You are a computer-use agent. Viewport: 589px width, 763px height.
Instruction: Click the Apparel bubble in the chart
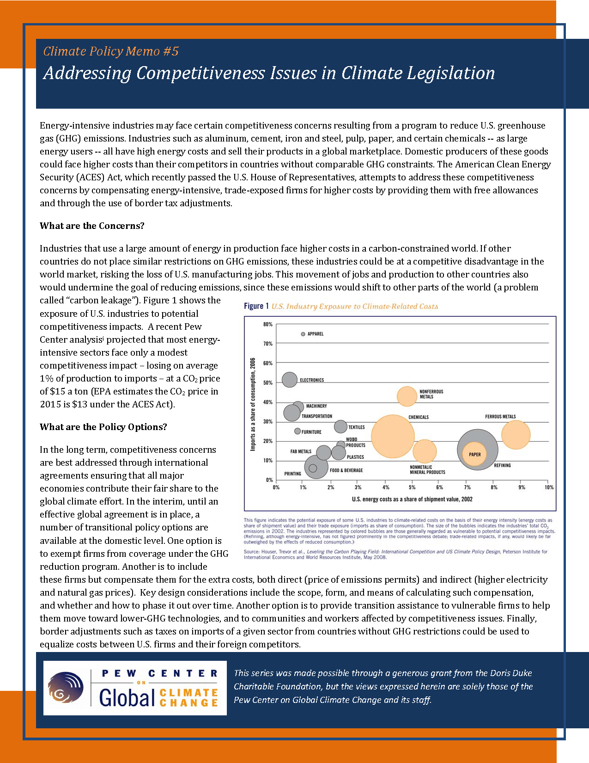(x=303, y=334)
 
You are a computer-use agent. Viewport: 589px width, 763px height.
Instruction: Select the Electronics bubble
(x=289, y=380)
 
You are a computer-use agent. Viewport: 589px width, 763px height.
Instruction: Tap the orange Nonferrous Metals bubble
(x=407, y=396)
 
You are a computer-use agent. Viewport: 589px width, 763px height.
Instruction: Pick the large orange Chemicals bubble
(x=393, y=436)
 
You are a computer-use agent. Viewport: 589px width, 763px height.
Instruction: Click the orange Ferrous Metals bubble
(x=516, y=435)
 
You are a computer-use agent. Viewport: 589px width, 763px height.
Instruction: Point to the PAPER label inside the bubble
(x=475, y=455)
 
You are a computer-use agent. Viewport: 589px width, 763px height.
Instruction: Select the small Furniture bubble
(x=298, y=431)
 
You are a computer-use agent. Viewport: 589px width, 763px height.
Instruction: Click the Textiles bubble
(x=340, y=426)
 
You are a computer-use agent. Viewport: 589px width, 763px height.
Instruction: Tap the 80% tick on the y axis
(x=268, y=324)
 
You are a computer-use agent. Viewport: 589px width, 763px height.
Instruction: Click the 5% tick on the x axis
(x=412, y=487)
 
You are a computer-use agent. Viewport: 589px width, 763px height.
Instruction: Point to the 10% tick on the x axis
(x=549, y=487)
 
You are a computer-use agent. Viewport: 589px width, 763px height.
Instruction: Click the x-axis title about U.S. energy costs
(x=412, y=499)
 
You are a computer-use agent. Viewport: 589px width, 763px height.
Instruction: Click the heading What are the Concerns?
(x=92, y=226)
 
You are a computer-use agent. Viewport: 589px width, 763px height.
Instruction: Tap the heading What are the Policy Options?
(x=103, y=427)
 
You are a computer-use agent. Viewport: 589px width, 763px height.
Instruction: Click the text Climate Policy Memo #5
(x=111, y=51)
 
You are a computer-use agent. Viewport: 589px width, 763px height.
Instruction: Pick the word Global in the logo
(x=127, y=697)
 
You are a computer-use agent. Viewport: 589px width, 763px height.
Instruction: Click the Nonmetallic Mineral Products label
(x=427, y=470)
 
